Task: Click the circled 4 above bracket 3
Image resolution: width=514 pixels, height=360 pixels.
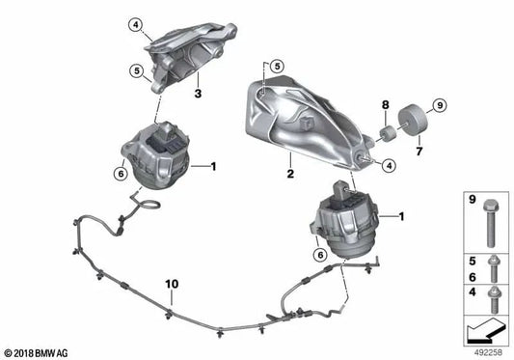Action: point(137,24)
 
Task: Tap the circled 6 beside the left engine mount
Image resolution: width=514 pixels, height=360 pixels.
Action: point(121,173)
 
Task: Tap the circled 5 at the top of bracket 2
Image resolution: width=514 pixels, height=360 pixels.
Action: point(277,66)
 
